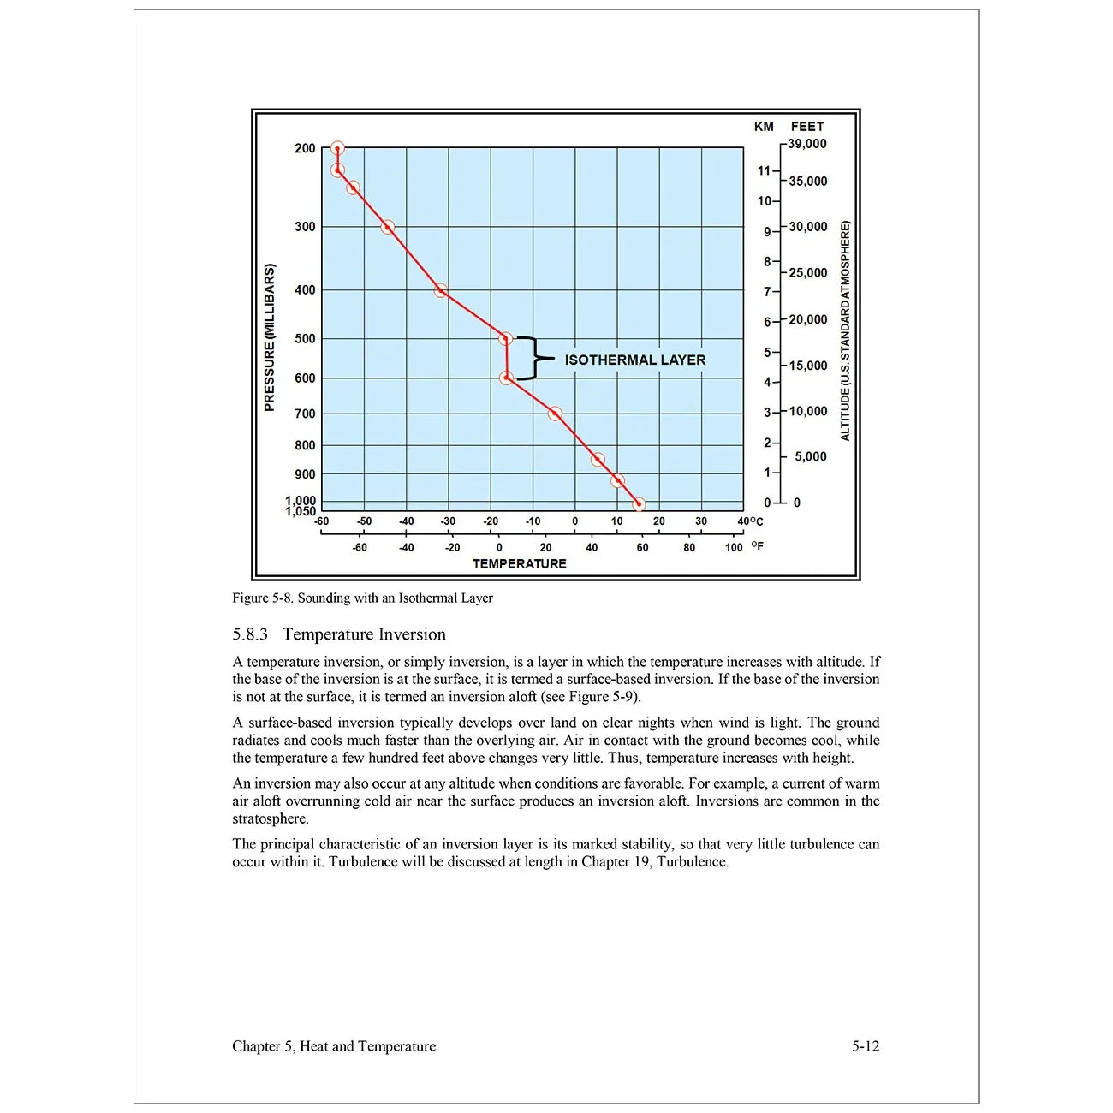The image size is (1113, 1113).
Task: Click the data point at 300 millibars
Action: coord(388,227)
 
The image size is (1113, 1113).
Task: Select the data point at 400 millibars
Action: coord(441,291)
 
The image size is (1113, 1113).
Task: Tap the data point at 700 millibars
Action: coord(555,414)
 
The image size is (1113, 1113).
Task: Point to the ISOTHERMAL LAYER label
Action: coord(634,360)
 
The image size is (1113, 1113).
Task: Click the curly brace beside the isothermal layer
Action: coord(534,358)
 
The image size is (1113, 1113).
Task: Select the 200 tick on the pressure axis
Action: coord(305,148)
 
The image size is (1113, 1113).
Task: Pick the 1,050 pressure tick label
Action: coord(301,512)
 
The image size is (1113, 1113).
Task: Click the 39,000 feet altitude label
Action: coord(807,144)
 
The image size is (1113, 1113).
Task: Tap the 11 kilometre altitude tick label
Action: coord(764,170)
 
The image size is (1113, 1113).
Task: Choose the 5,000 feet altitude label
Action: coord(810,457)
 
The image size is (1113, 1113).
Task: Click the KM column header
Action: coord(764,127)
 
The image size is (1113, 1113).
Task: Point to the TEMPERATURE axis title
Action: coord(519,564)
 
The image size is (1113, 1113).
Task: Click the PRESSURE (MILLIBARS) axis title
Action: coord(270,337)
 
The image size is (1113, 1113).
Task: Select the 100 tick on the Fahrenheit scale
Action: coord(734,548)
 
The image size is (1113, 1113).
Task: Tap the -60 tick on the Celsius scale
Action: coord(322,521)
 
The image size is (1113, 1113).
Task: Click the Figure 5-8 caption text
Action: coord(362,598)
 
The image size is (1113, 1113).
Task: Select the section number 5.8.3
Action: coord(250,634)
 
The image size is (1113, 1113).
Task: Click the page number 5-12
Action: coord(866,1046)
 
